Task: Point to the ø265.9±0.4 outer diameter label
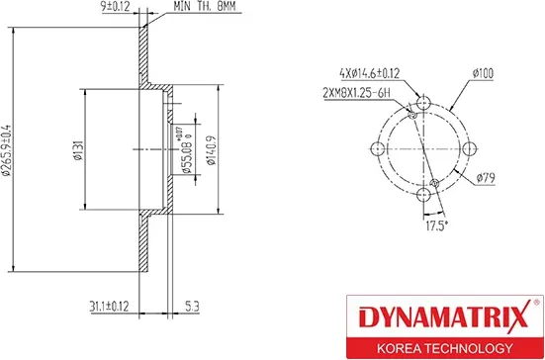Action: tap(7, 153)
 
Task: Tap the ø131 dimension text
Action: tap(76, 150)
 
